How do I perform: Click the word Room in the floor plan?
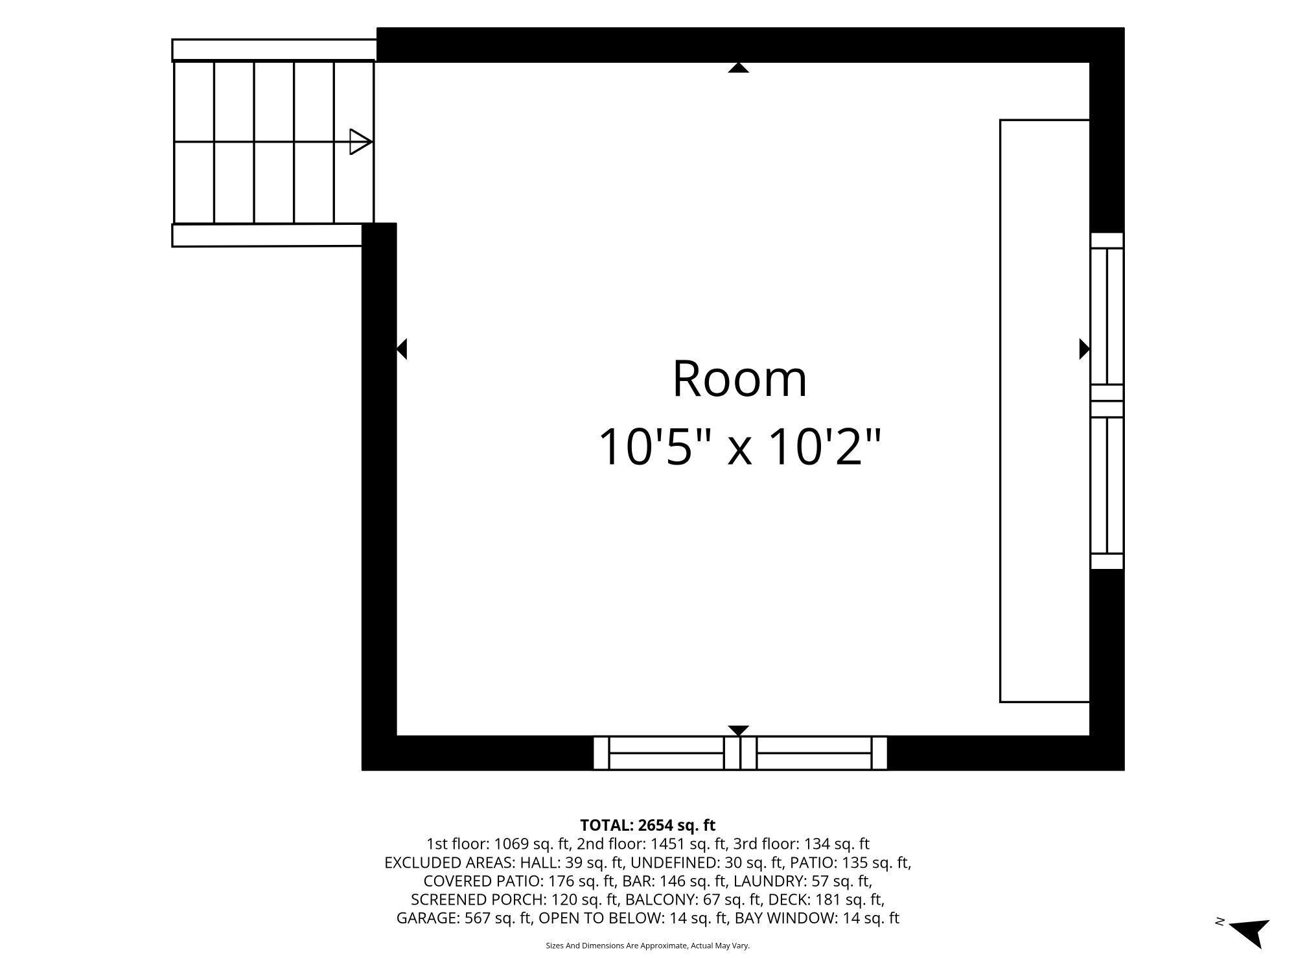739,379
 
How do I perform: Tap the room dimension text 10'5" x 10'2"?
739,447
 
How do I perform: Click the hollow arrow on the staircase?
360,142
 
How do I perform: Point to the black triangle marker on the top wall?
739,67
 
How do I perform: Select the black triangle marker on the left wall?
401,349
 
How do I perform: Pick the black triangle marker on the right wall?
1084,349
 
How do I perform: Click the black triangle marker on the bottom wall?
739,730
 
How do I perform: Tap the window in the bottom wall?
740,753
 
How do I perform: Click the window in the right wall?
1107,401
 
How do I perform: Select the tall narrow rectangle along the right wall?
1045,411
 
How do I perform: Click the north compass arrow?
1250,933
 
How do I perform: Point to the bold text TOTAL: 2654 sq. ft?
647,826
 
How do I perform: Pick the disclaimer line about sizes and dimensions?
648,946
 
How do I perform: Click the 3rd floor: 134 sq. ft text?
801,844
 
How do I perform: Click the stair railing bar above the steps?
274,50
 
